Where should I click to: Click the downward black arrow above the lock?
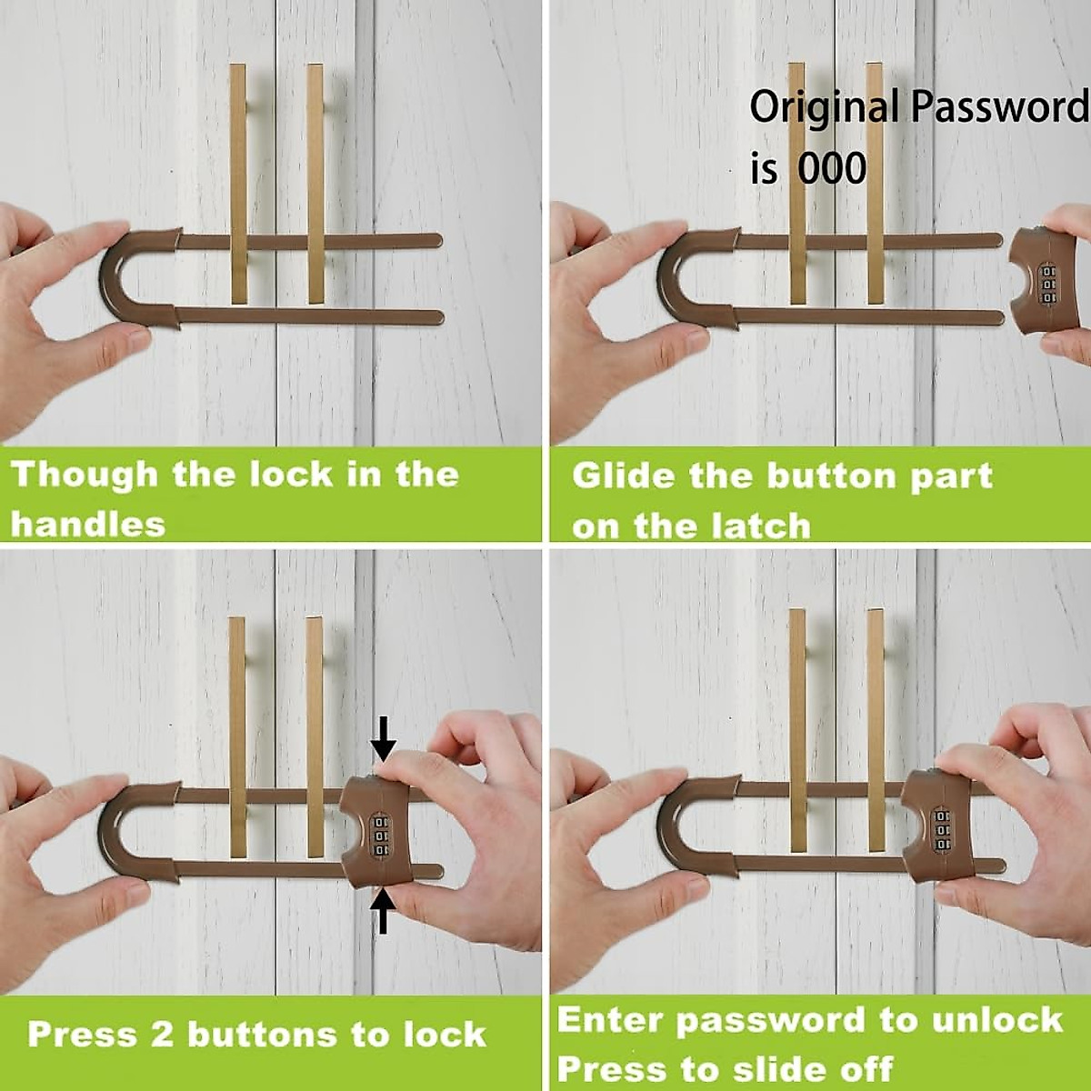coord(384,738)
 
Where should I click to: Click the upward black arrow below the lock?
coord(384,911)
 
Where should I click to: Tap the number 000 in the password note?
coord(832,168)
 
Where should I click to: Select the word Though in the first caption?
coord(84,475)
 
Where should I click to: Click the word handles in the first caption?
coord(88,525)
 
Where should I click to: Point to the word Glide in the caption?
coord(623,476)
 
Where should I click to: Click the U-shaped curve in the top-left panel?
coord(114,277)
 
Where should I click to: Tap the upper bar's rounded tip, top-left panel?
coord(435,241)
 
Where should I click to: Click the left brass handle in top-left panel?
coord(238,182)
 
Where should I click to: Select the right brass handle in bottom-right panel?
coord(876,727)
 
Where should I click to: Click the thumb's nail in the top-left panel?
coord(137,340)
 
